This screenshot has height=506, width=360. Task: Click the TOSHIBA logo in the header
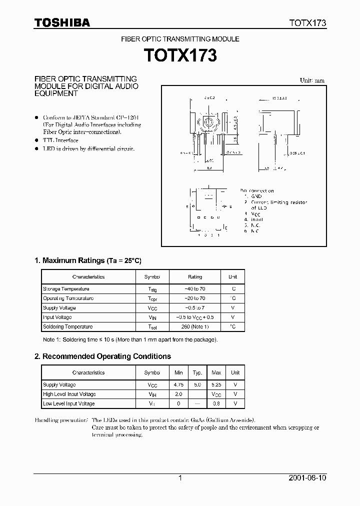coord(62,22)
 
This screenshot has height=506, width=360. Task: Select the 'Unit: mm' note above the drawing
coord(312,80)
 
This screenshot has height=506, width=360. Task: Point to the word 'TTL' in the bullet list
coord(48,140)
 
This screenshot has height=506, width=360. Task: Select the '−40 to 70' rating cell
coord(195,289)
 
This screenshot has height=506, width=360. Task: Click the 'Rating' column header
coord(195,276)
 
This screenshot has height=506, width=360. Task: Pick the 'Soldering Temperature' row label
coord(68,326)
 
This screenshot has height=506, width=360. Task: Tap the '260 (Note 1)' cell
coord(195,326)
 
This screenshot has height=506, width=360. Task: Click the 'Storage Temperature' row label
coord(66,289)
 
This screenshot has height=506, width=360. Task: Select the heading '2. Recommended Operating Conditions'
coord(102,356)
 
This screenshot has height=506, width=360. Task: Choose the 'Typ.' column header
coord(197,372)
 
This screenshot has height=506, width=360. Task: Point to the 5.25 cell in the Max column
coord(216,385)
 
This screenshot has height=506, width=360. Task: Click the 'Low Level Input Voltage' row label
coord(69,403)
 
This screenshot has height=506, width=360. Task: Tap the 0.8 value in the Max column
coord(216,403)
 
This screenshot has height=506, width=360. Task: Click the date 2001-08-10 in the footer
coord(308,478)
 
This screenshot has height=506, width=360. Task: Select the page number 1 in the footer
coord(180,478)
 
